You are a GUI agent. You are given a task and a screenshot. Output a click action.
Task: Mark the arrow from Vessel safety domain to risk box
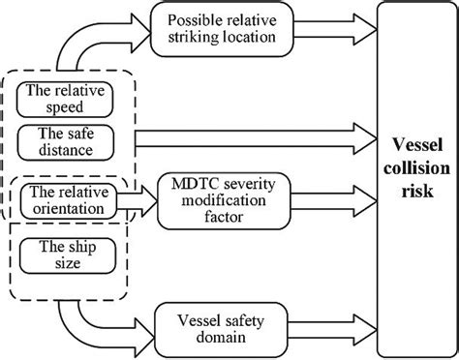tap(339, 323)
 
